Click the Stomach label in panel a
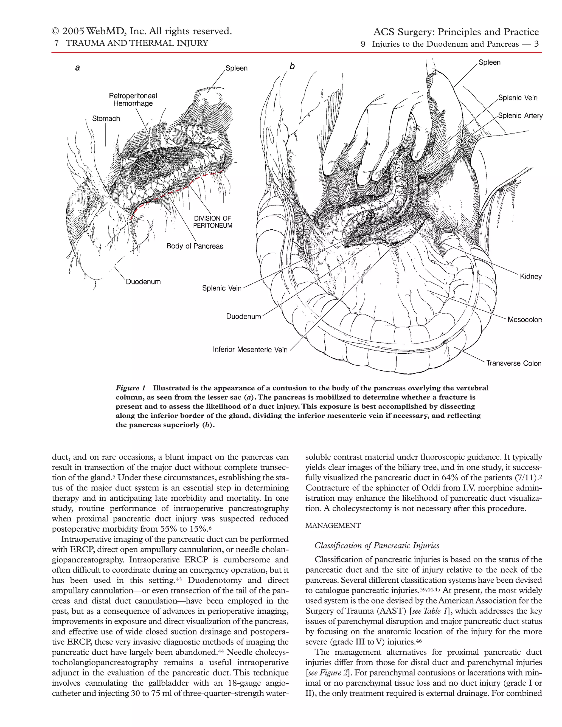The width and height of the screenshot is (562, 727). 106,119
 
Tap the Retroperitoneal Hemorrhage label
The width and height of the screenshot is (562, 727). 133,100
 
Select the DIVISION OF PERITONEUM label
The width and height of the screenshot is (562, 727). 212,222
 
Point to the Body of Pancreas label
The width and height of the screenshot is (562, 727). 195,246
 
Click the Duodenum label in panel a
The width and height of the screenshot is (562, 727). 143,282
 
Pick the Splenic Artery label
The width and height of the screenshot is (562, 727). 520,116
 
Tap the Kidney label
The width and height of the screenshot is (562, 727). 531,276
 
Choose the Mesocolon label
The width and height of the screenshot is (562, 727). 524,320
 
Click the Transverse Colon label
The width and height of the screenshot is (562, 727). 513,363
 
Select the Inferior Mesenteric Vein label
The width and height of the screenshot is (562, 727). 250,350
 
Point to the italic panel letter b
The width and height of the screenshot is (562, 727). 292,66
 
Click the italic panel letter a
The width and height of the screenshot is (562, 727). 78,68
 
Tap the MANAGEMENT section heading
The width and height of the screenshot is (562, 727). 333,526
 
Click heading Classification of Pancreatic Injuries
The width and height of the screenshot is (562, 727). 376,546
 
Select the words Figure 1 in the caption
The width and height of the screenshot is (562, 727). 131,388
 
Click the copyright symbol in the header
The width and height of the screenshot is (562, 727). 55,32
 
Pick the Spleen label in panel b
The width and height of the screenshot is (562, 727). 490,63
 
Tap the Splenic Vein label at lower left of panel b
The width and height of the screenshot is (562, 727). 222,288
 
